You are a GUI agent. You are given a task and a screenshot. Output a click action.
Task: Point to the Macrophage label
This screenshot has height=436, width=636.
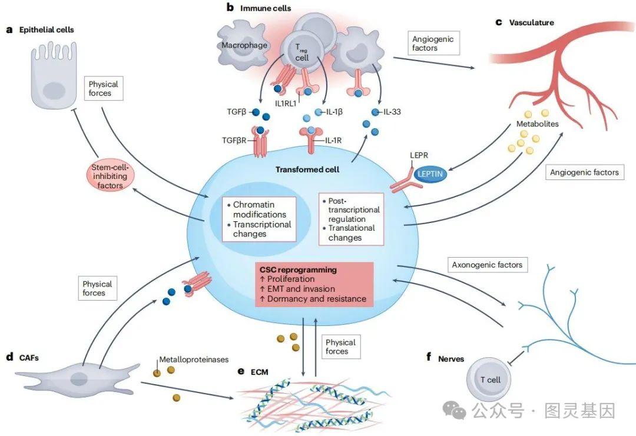tap(244, 45)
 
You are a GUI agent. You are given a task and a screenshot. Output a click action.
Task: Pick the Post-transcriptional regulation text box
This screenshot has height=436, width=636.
tap(350, 218)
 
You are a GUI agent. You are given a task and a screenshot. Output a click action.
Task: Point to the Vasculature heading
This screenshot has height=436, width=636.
tap(532, 23)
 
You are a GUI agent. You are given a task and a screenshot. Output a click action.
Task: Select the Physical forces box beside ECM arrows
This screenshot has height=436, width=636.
tap(340, 347)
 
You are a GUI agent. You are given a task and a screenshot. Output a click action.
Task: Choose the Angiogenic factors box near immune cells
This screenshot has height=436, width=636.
tap(433, 43)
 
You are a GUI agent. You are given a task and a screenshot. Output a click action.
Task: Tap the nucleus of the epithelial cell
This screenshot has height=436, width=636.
tap(54, 91)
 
